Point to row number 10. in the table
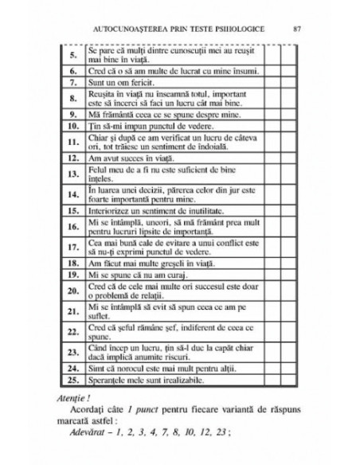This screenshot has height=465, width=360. (71, 125)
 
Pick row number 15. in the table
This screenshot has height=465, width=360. (71, 211)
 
